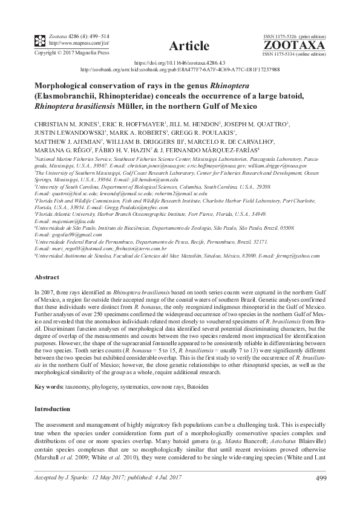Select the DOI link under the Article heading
[180, 62]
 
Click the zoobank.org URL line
[180, 70]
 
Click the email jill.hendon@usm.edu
[157, 180]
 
